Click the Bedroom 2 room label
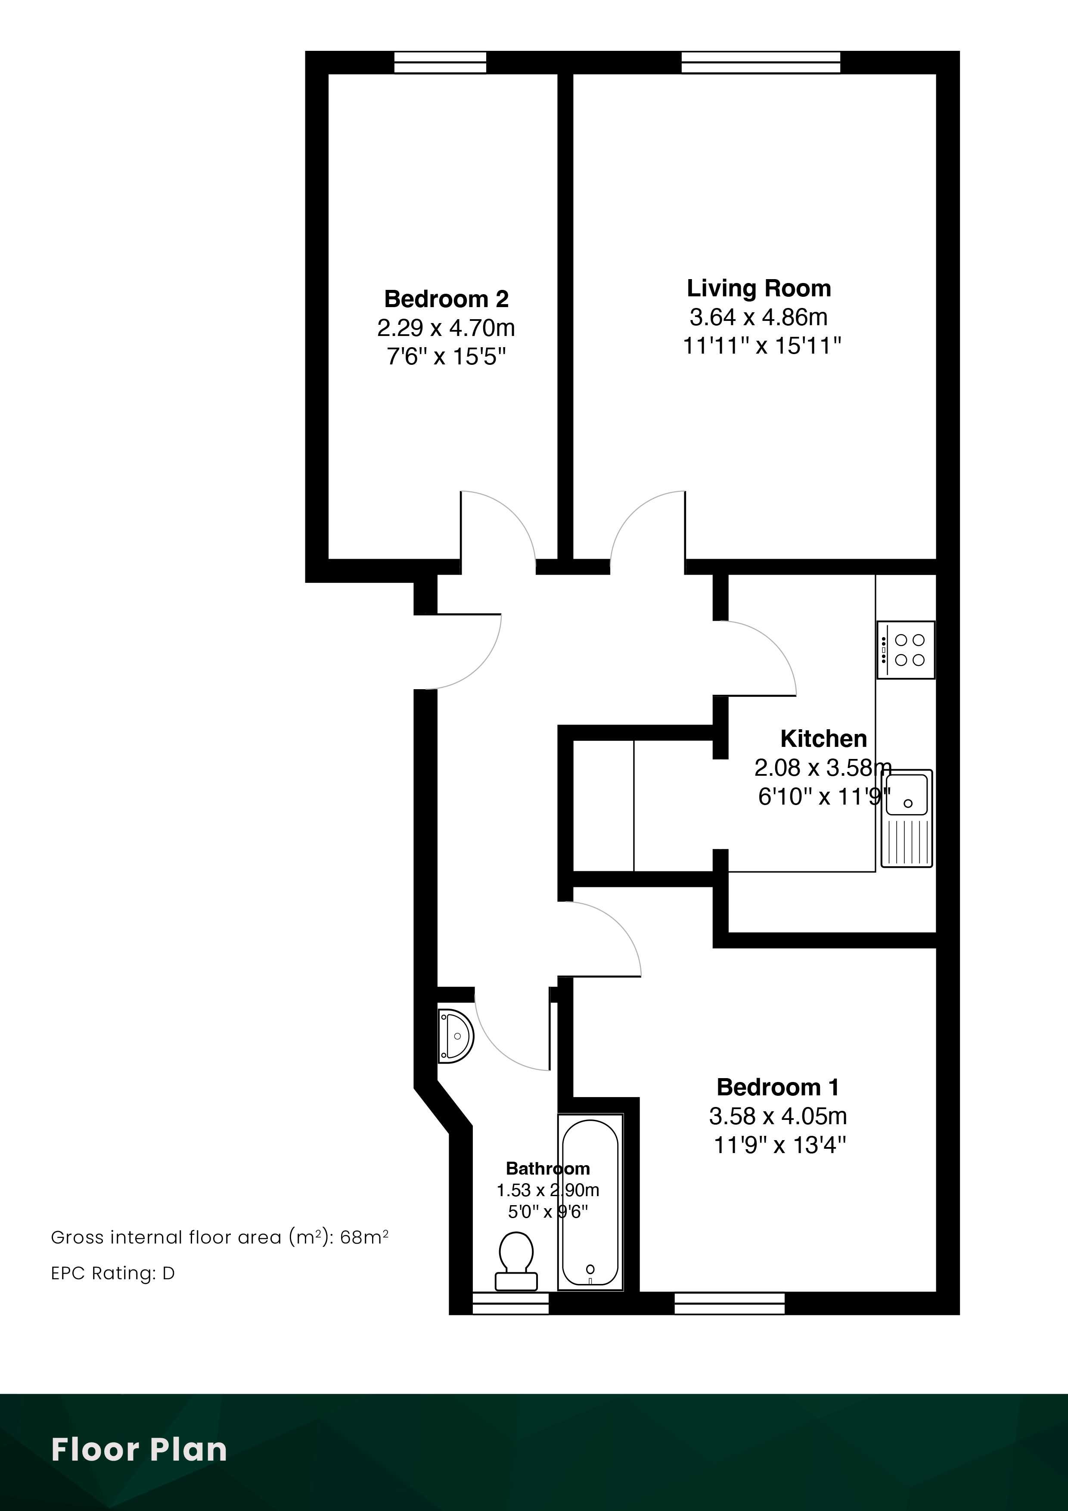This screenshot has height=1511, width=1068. click(446, 299)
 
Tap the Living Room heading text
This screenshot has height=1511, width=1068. click(759, 288)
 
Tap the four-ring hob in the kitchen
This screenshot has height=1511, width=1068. click(906, 650)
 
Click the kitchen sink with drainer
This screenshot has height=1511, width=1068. click(907, 818)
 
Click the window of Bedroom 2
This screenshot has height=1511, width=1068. click(440, 62)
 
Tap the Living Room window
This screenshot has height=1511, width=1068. click(761, 62)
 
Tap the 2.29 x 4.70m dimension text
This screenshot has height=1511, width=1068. click(446, 328)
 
